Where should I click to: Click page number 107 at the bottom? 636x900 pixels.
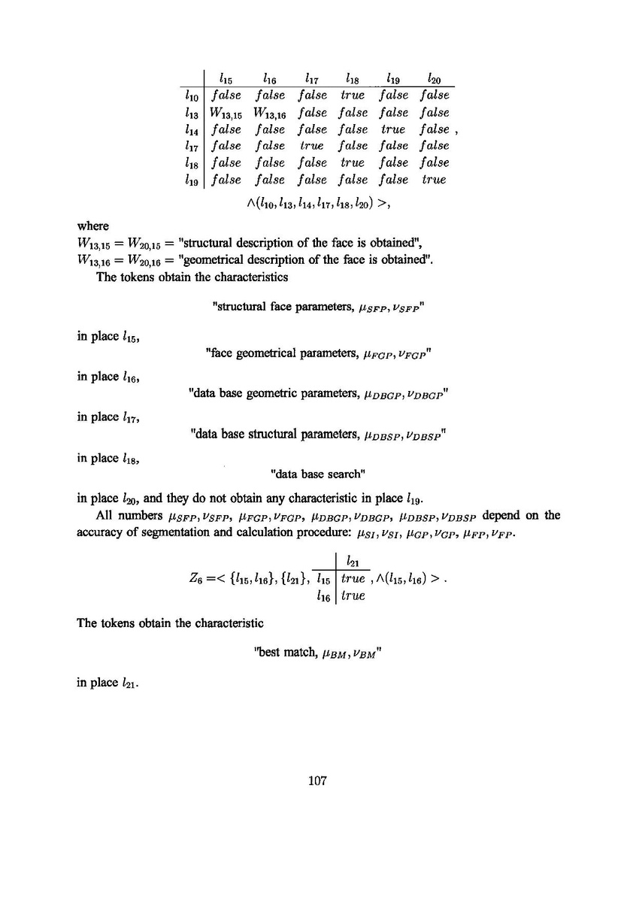(317, 781)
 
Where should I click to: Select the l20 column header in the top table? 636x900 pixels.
(434, 77)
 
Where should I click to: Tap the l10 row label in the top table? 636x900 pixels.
(191, 95)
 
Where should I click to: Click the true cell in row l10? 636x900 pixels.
(353, 95)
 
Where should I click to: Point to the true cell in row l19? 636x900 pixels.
(434, 180)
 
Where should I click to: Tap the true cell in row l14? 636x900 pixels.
(393, 129)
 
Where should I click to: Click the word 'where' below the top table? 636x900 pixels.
(93, 226)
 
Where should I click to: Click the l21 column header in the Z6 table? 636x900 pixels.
(351, 562)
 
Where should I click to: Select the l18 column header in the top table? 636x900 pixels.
(353, 77)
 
